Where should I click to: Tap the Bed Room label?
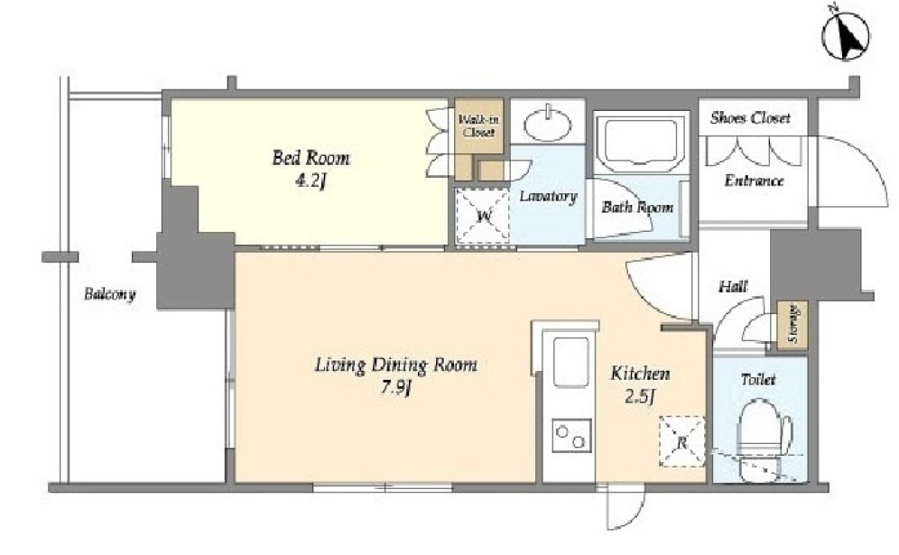pos(310,158)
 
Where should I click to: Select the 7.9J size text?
pos(395,389)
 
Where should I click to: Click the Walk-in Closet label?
pos(478,126)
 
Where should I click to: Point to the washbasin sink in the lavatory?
pos(549,124)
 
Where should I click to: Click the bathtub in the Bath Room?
pos(642,141)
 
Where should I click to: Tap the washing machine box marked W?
pos(483,217)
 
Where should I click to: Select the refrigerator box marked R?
pos(682,441)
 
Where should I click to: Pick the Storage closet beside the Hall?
pos(792,325)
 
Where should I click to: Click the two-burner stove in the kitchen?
pos(571,436)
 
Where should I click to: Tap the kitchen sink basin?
pos(570,362)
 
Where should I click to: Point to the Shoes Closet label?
pos(750,118)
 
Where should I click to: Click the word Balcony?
pos(109,295)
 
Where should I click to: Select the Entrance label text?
pos(754,180)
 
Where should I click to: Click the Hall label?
pos(733,286)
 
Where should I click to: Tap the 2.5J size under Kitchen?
pos(640,397)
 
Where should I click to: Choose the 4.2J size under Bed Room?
pos(310,181)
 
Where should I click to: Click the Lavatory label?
pos(548,196)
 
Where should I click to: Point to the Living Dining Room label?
pos(395,365)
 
